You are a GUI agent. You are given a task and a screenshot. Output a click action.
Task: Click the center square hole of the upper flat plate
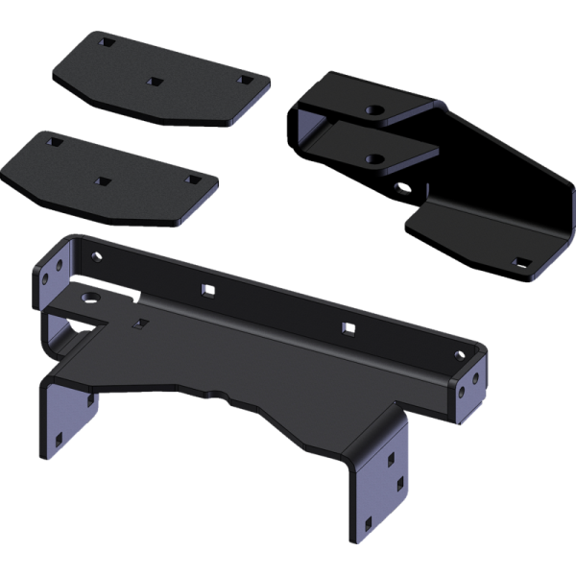152,83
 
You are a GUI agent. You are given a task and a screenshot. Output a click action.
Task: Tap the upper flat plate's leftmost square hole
106,43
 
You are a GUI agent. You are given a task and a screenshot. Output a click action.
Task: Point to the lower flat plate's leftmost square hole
54,141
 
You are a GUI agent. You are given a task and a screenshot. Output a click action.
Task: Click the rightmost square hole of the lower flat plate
192,180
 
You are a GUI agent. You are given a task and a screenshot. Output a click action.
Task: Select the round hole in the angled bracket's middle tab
375,158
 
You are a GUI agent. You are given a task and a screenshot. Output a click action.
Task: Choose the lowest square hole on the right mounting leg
368,524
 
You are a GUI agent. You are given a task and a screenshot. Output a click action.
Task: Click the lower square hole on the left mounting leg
60,440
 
